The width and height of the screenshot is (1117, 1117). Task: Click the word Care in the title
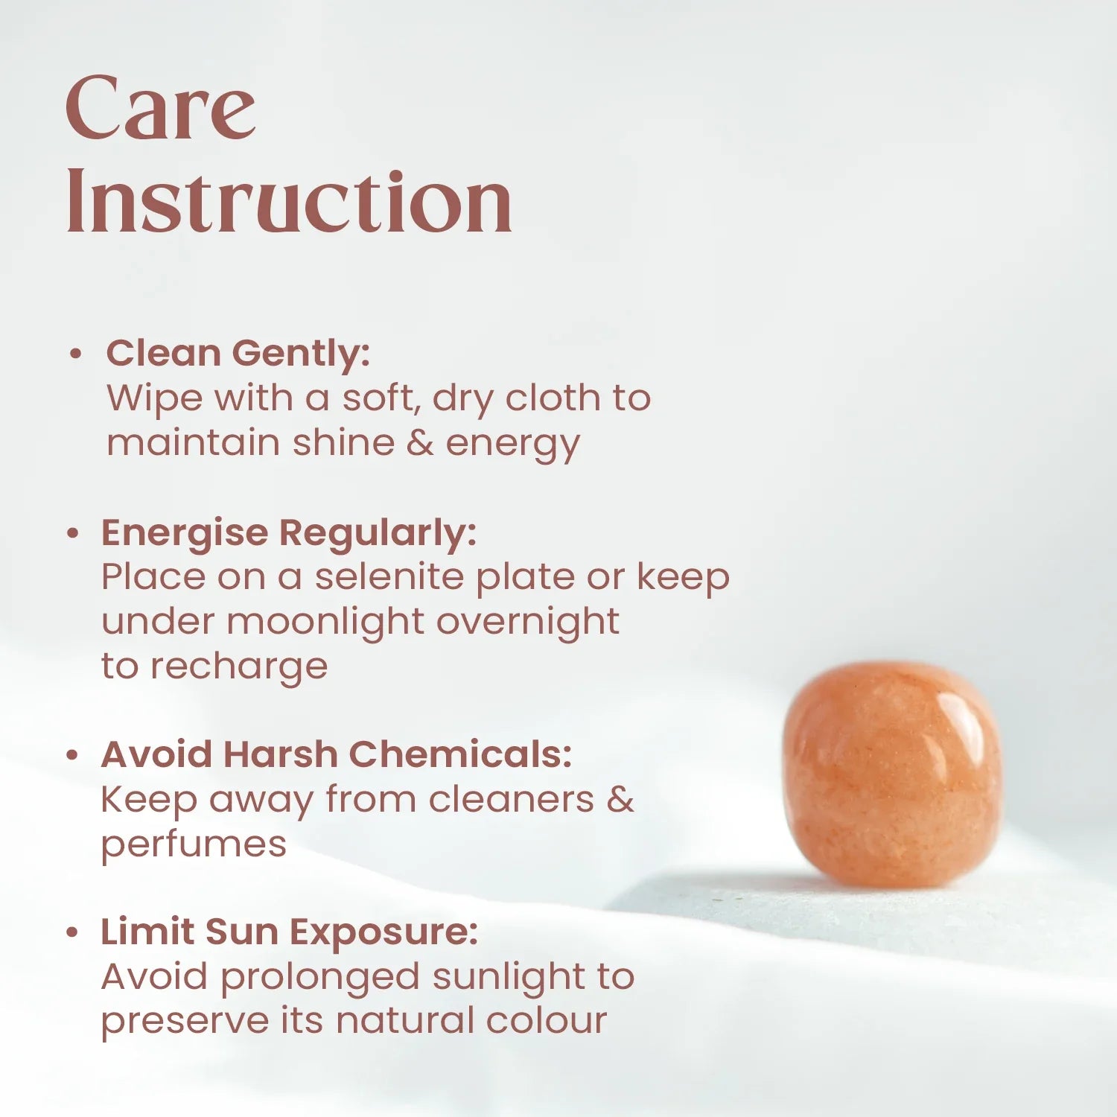[161, 108]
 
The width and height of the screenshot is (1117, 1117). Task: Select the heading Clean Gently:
[238, 353]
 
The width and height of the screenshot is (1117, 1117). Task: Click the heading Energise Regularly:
[288, 533]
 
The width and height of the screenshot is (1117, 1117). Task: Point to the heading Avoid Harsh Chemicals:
[336, 754]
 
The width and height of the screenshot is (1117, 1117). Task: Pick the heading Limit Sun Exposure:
[289, 932]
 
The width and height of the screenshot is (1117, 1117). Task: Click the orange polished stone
[892, 774]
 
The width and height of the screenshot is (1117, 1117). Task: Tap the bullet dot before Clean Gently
[74, 354]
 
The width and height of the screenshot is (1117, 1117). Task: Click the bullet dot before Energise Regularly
[72, 533]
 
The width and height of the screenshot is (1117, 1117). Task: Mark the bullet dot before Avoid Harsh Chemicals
[72, 755]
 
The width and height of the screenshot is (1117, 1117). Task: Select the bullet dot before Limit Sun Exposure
[72, 932]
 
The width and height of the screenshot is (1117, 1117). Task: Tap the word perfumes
[194, 845]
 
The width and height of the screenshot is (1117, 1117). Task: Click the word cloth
[553, 398]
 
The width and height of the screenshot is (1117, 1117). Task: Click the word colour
[546, 1020]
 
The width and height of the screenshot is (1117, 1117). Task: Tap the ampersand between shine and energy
[420, 442]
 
